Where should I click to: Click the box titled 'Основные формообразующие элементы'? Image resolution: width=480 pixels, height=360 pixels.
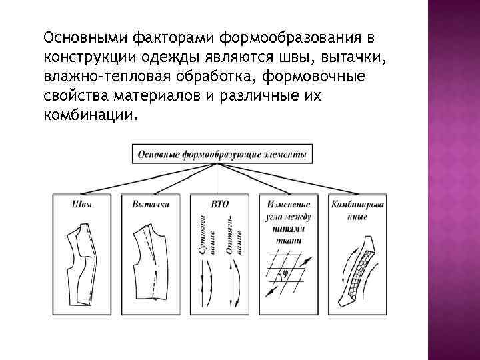222,155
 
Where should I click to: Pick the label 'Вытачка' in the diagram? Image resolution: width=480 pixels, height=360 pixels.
151,204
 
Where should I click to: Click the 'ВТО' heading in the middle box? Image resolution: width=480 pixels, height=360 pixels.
219,204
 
